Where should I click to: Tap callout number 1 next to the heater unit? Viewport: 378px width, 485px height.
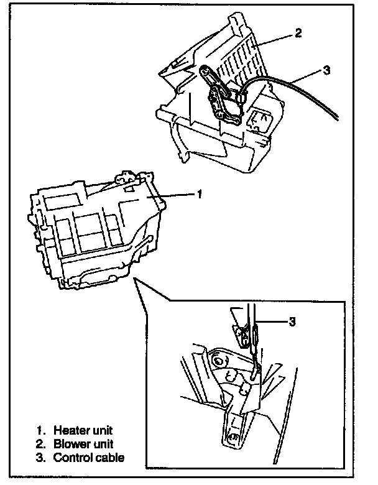point(199,195)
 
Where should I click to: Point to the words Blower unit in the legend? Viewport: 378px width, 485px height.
point(83,444)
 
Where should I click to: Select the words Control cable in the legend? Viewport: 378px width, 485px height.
point(89,458)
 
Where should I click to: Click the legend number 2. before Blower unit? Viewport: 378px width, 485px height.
point(41,444)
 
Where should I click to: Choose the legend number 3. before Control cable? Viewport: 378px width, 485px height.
point(41,458)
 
